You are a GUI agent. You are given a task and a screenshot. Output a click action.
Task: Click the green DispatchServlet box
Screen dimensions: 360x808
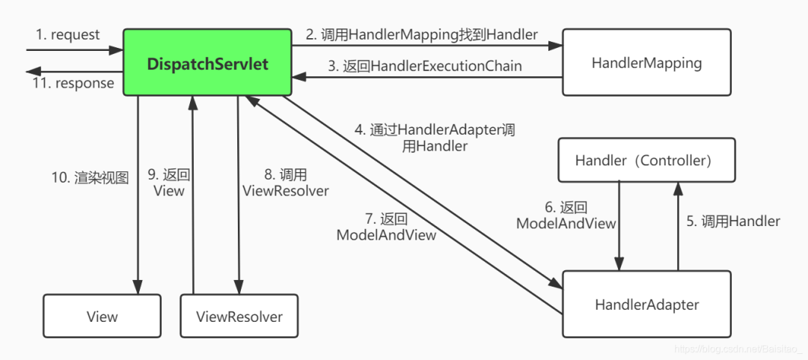207,63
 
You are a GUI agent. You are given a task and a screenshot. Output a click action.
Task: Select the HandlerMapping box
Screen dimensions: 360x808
646,63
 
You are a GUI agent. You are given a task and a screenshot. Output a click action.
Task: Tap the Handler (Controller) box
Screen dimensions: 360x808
646,160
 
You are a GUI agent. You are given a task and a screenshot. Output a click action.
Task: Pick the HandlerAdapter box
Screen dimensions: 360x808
646,304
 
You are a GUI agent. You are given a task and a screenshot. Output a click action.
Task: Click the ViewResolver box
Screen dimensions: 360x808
239,317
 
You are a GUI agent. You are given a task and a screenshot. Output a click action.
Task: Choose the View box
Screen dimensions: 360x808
102,317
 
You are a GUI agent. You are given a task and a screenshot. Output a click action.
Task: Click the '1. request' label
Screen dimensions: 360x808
67,35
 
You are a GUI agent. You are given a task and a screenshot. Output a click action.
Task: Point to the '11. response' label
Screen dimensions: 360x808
73,83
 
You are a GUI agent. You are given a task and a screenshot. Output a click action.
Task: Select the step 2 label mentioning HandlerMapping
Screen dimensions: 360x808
421,34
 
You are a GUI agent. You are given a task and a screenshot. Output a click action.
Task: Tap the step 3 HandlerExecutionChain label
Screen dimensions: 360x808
424,66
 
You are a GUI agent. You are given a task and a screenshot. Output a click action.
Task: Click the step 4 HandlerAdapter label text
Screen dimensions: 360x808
435,138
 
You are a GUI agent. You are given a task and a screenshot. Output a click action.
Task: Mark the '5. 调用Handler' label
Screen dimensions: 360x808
733,222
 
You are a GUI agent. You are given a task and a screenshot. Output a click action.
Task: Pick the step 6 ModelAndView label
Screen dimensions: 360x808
566,216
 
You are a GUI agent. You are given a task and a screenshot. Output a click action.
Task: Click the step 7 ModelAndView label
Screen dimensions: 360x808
386,227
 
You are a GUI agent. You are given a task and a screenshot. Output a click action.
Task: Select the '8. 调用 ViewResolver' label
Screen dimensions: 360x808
286,183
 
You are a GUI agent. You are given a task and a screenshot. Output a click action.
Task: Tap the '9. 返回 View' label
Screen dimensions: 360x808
168,183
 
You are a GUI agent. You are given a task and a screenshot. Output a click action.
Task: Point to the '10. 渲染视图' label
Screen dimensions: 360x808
90,178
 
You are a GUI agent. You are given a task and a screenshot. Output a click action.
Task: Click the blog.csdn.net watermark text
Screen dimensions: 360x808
737,350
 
